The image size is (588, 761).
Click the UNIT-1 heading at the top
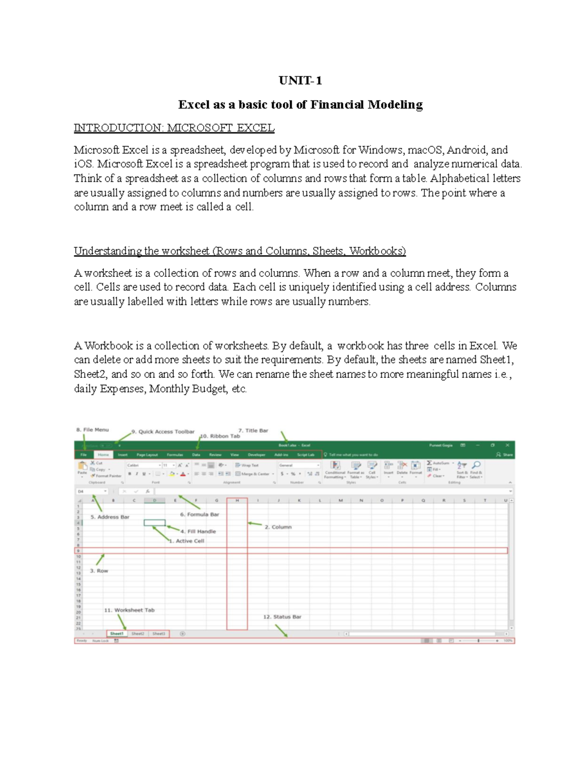300,81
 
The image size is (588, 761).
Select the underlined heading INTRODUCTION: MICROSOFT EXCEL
174,128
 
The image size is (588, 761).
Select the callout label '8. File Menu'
92,430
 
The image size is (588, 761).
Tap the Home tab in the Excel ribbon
103,455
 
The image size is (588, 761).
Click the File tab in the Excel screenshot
83,455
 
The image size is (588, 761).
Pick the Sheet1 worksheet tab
117,634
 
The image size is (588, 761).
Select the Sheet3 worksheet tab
159,634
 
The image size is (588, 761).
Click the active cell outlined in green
154,523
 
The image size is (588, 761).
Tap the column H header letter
237,500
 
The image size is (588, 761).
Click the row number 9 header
78,551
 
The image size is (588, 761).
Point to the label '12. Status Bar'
282,617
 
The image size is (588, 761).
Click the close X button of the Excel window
508,445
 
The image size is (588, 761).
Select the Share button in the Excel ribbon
505,455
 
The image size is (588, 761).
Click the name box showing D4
91,491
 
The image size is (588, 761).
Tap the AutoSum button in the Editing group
438,463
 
